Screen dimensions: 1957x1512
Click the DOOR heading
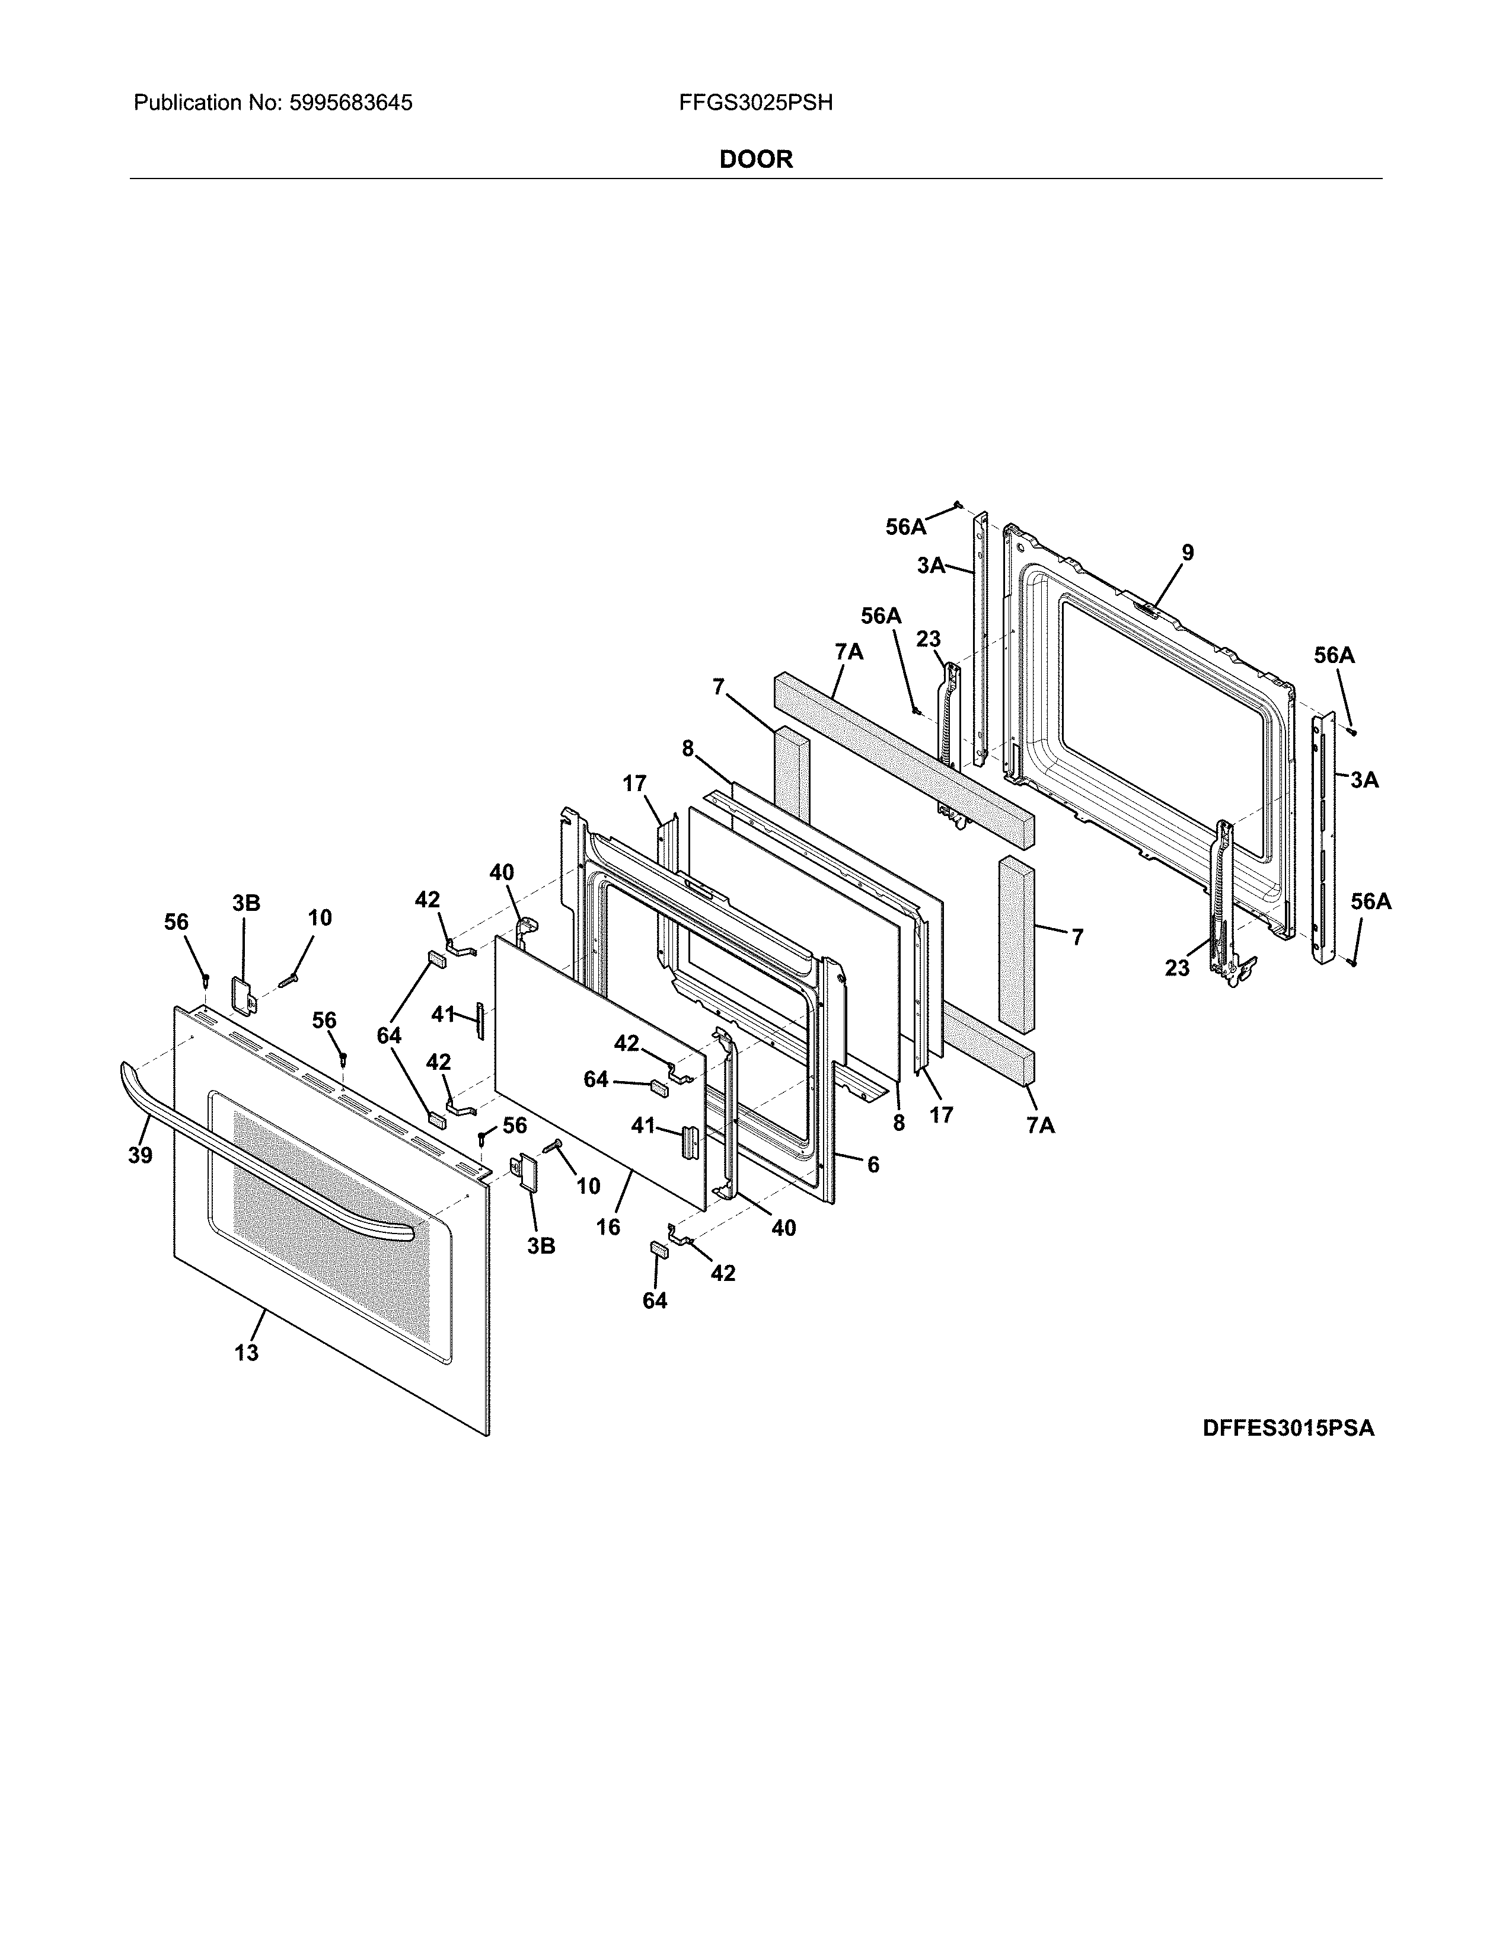tap(756, 160)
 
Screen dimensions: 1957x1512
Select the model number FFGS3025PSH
tap(755, 103)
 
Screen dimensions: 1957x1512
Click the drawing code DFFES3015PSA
tap(1287, 1427)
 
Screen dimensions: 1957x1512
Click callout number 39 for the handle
tap(140, 1156)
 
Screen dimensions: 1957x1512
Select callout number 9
tap(1187, 553)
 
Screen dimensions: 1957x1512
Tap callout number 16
tap(608, 1227)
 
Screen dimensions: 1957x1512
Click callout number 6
tap(872, 1164)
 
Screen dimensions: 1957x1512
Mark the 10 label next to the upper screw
tap(320, 917)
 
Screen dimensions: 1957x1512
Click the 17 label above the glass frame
tap(634, 784)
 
